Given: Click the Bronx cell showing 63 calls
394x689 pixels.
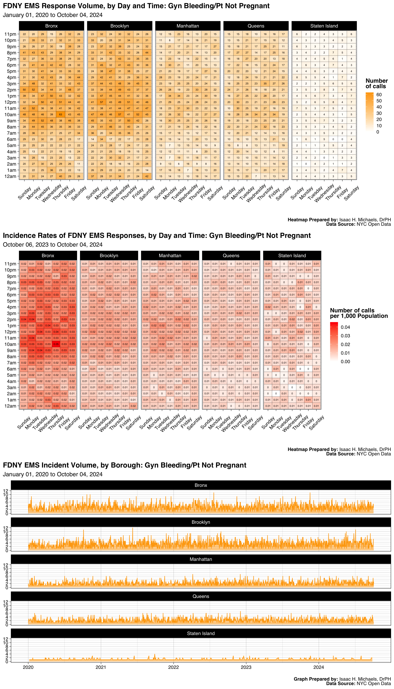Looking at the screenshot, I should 61,114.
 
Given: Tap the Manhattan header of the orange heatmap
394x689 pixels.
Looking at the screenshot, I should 188,26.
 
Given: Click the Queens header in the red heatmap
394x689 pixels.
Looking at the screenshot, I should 231,255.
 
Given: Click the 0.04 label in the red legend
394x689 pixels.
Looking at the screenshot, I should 345,327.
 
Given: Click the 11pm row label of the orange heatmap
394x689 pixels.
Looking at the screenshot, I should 10,34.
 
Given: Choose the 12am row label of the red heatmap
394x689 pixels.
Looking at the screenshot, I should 10,406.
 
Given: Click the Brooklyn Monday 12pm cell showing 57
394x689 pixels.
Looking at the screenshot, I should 101,102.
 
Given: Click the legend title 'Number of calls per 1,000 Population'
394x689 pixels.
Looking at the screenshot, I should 359,313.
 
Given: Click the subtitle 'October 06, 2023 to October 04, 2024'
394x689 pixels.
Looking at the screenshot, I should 52,245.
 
